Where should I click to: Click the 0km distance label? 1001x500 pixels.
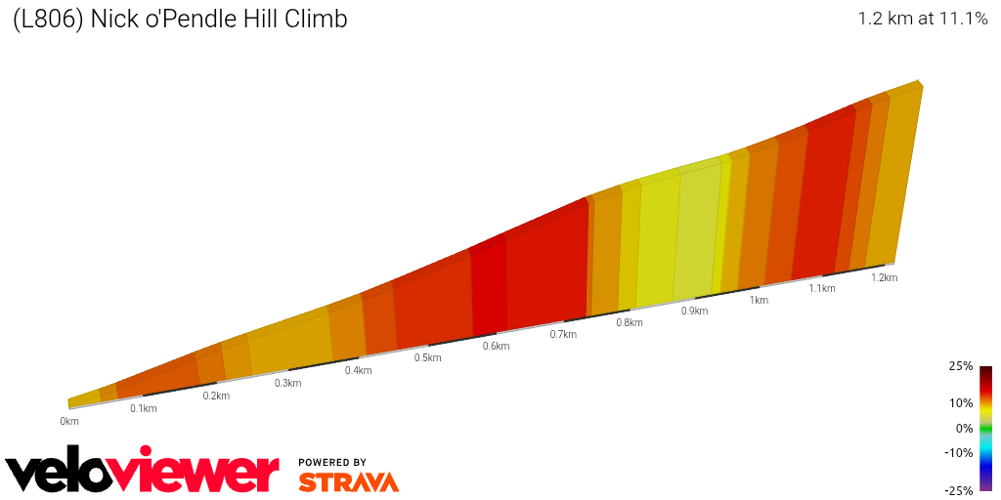[68, 421]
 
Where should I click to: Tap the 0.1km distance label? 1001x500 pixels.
[144, 408]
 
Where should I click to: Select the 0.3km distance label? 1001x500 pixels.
[287, 383]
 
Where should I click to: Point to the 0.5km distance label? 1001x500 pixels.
[428, 357]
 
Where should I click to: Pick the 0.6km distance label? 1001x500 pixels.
[497, 346]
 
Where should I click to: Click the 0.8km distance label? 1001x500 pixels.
[630, 322]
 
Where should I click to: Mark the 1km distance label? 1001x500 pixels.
[759, 300]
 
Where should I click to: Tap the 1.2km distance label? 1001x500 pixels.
[884, 277]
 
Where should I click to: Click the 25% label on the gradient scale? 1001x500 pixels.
[961, 366]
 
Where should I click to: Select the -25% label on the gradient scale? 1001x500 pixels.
[959, 490]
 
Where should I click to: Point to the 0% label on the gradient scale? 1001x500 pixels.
[964, 428]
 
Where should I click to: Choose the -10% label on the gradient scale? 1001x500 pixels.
[959, 452]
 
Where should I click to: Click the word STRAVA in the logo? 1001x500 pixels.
[348, 482]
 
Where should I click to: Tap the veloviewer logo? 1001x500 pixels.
[143, 473]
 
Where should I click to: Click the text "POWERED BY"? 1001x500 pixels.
[332, 462]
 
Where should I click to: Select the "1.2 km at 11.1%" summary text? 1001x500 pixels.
[922, 19]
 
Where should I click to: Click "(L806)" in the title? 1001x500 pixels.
[48, 19]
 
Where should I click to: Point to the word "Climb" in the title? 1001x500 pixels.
[318, 19]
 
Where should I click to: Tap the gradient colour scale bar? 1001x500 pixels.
[985, 428]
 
